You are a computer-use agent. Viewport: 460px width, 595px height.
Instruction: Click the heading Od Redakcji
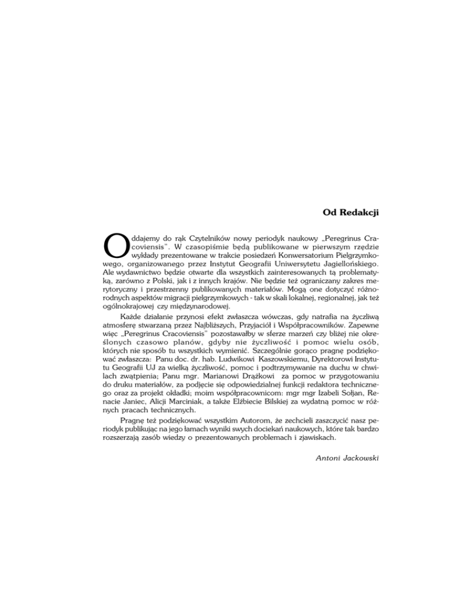(x=351, y=211)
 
